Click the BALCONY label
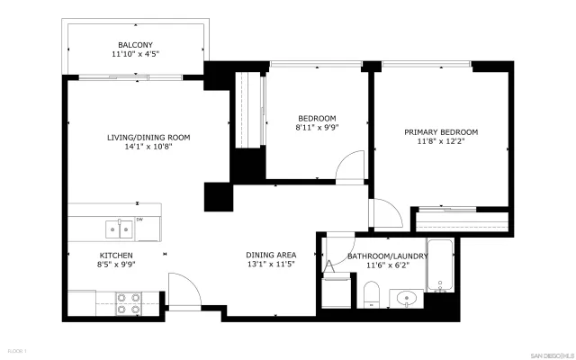pos(136,45)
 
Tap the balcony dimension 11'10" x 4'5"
pos(136,55)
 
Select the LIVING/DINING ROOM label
pos(148,138)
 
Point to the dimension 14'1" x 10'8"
pos(148,148)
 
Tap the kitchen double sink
pos(117,229)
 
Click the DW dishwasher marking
pos(139,220)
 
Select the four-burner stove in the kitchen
pos(128,303)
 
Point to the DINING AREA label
pos(271,256)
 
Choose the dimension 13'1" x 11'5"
pos(271,266)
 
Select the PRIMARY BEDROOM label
pos(440,131)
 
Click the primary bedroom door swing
pos(385,214)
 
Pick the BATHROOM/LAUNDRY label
pos(387,256)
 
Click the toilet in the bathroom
pos(371,293)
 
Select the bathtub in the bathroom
pos(440,267)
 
